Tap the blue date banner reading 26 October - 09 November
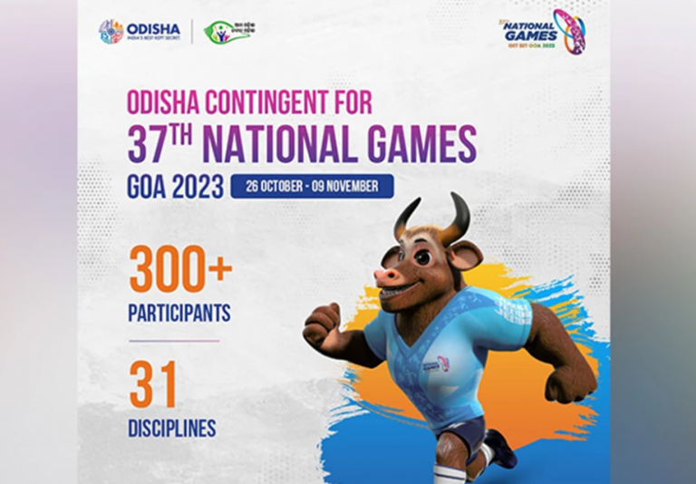(x=312, y=187)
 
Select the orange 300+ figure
(x=180, y=269)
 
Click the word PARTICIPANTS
(x=179, y=314)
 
